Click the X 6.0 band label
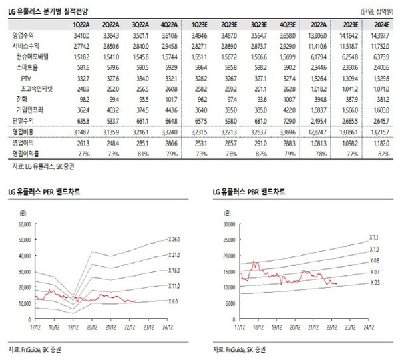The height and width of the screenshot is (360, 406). [x=172, y=301]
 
